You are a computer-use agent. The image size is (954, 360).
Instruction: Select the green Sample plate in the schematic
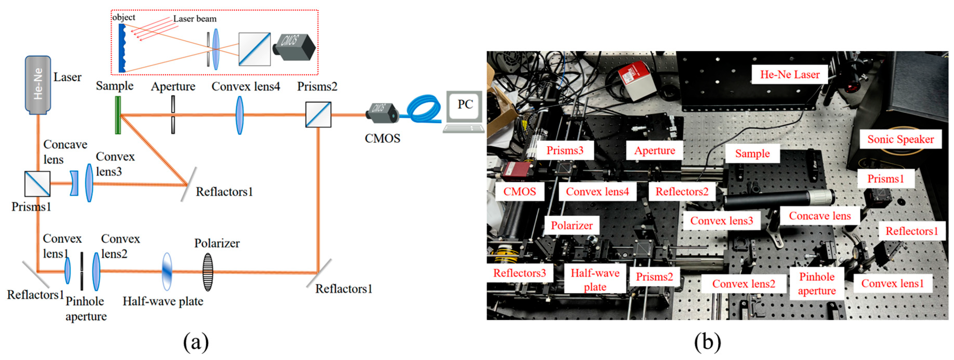point(118,115)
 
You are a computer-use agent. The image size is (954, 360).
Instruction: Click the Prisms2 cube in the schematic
point(318,115)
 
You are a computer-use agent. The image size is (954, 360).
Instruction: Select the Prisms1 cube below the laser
point(37,183)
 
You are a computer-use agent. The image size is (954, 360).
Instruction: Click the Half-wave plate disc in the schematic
point(167,271)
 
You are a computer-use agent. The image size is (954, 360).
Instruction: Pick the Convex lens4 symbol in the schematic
point(240,115)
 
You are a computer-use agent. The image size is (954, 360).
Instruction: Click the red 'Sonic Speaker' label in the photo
point(900,139)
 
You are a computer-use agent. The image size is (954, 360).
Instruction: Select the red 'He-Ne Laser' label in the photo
point(790,74)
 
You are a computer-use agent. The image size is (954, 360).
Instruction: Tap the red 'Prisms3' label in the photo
point(565,150)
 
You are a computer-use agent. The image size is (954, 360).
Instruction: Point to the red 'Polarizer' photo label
point(572,225)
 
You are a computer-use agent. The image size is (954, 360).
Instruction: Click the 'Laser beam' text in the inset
point(195,19)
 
